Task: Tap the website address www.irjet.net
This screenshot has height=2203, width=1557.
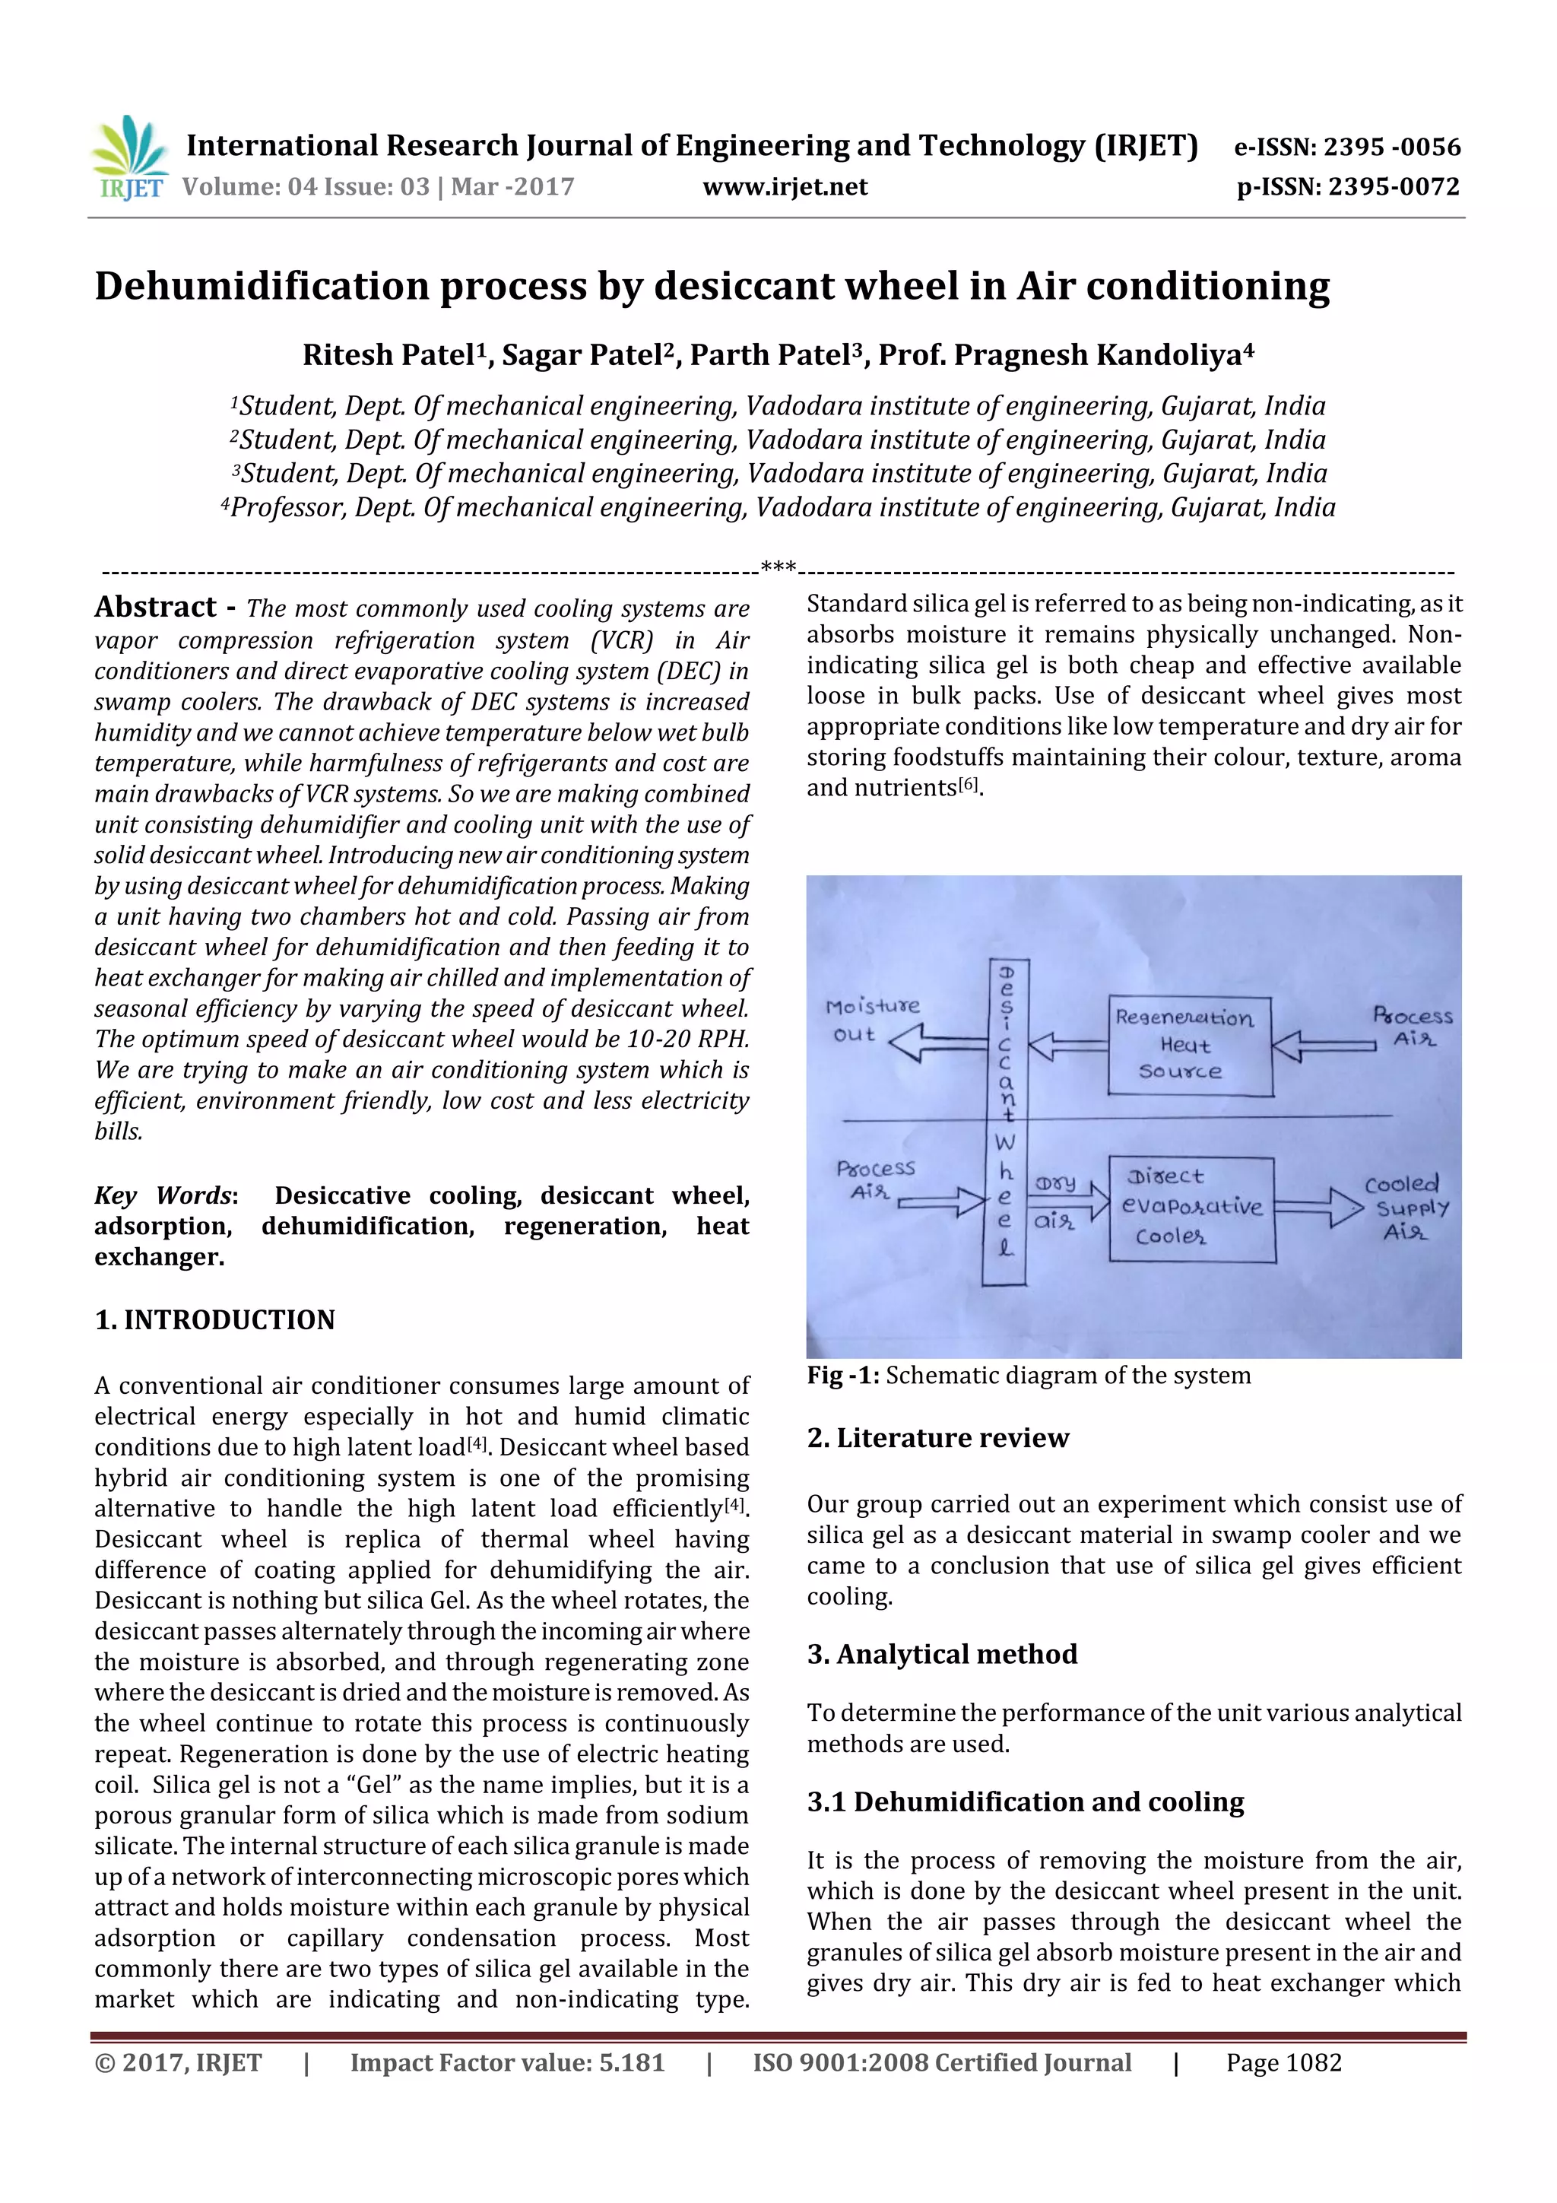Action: click(x=785, y=187)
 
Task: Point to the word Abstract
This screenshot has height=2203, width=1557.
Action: click(x=155, y=608)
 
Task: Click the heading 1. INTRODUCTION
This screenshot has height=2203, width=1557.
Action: click(x=215, y=1320)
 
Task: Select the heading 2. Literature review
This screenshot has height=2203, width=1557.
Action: click(x=937, y=1437)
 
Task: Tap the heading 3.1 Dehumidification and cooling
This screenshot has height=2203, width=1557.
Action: click(x=1025, y=1802)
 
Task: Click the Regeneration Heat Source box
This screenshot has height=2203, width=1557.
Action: click(x=1190, y=1046)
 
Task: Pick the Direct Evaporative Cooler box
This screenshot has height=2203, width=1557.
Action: click(x=1191, y=1209)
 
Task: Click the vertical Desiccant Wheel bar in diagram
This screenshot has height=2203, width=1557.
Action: click(x=1004, y=1122)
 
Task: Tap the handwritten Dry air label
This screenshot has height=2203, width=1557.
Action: click(x=1055, y=1202)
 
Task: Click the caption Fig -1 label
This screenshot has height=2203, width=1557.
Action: click(x=843, y=1376)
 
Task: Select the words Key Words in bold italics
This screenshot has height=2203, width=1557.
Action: click(x=164, y=1195)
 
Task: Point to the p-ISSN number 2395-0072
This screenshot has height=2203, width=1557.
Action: click(x=1348, y=187)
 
